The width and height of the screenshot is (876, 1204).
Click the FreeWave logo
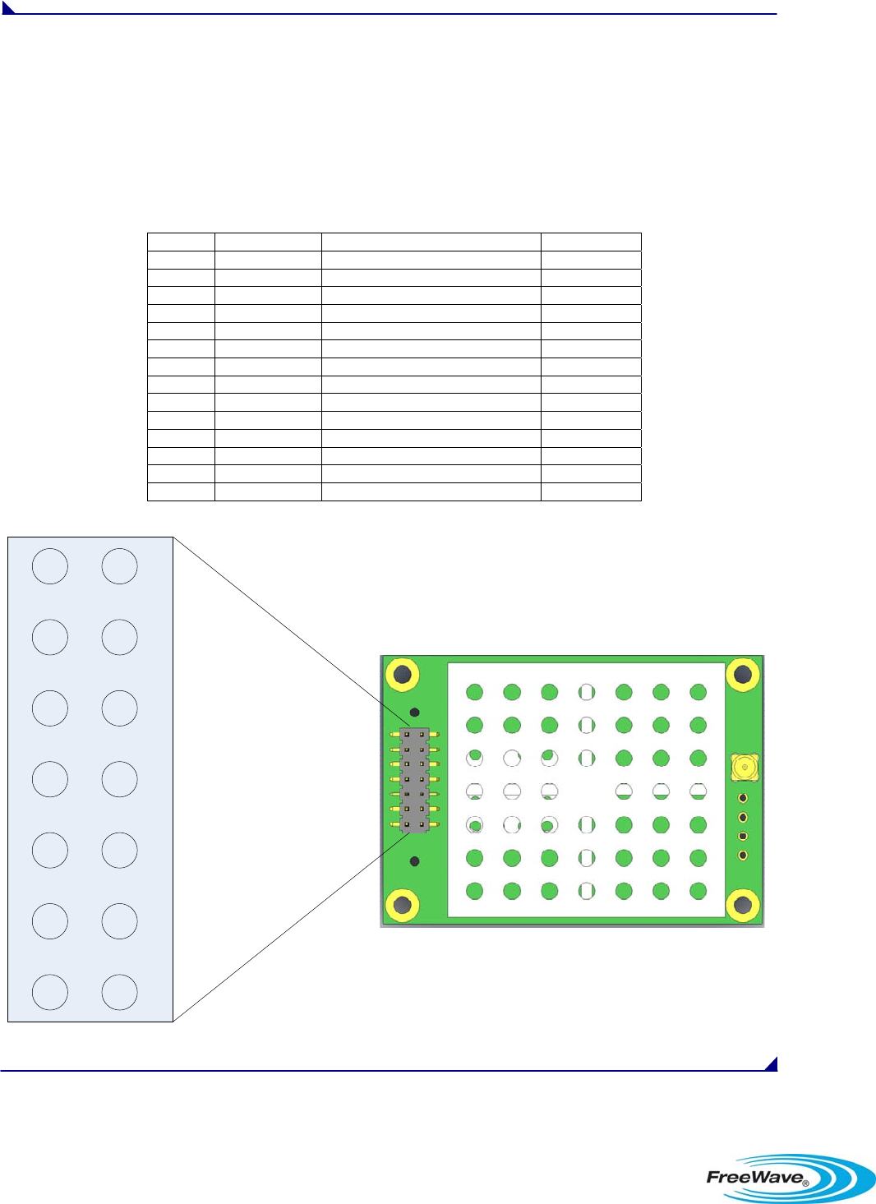click(789, 1177)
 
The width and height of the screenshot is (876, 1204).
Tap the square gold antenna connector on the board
click(745, 768)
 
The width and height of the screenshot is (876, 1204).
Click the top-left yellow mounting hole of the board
click(403, 676)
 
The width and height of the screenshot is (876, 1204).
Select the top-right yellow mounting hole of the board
click(743, 676)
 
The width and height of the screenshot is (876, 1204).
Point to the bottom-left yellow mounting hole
click(403, 905)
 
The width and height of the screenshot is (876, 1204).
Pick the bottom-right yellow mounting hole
click(743, 905)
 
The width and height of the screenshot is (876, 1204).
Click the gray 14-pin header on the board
click(414, 779)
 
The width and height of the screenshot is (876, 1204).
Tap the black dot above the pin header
click(415, 713)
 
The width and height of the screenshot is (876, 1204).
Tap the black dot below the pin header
click(415, 861)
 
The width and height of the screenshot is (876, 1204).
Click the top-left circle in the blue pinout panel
click(50, 566)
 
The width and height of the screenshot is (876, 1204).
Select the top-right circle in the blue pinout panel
click(119, 566)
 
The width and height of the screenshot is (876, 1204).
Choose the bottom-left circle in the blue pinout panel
click(50, 992)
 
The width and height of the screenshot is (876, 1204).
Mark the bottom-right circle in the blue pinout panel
click(119, 992)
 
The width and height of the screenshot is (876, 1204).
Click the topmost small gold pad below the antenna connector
click(743, 798)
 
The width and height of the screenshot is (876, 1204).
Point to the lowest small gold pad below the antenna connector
click(743, 856)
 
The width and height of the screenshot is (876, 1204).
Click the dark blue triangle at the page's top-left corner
click(7, 7)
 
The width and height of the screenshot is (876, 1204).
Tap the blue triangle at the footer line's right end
click(772, 1064)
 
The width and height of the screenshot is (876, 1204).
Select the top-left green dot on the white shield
click(474, 692)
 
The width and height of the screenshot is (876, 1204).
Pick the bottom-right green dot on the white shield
click(698, 891)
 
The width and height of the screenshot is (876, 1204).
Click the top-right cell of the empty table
click(591, 242)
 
